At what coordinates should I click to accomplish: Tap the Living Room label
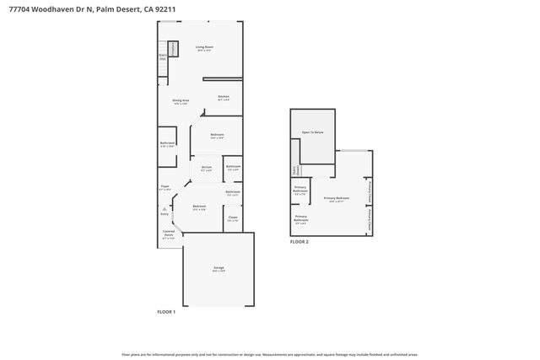coord(204,47)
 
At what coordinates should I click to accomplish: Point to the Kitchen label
coord(224,96)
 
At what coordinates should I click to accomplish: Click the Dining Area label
coord(181,100)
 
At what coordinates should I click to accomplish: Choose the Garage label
coord(219,268)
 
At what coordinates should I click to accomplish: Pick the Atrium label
coord(207,167)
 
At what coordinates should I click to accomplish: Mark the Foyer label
coord(165,186)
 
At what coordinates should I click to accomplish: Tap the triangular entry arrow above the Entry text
coord(165,207)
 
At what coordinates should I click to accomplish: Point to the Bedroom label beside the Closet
coord(199,207)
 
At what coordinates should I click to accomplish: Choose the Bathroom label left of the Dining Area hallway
coord(167,142)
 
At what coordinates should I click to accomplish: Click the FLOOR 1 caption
coord(166,312)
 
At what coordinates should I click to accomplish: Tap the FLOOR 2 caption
coord(300,242)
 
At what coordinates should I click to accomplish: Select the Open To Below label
coord(313,133)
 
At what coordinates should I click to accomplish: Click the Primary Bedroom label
coord(336,198)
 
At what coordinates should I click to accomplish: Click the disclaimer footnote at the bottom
coord(270,355)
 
